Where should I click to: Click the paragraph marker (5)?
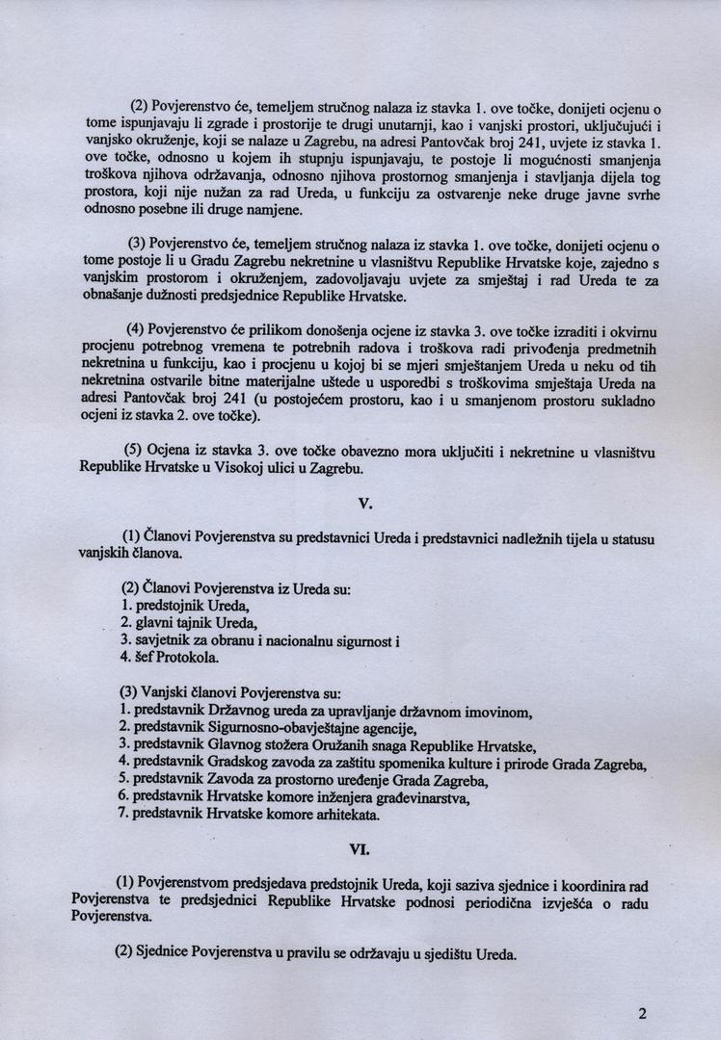(132, 450)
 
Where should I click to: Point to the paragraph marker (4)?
(132, 328)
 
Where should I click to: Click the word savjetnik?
(163, 640)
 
